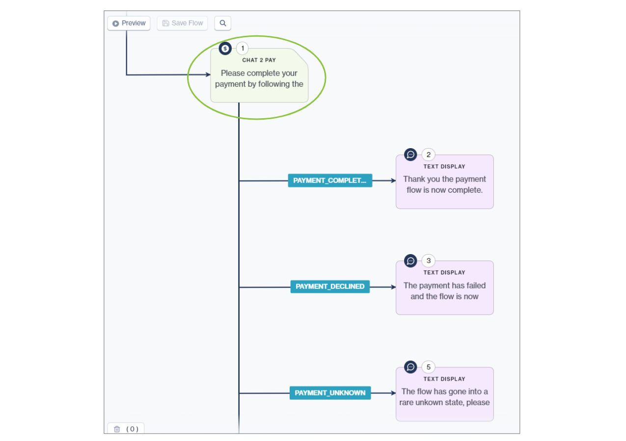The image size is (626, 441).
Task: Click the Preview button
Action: click(x=129, y=23)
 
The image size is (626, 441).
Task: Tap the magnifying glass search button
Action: click(x=222, y=23)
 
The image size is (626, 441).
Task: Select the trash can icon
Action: click(x=117, y=429)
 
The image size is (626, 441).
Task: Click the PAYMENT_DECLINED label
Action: click(x=330, y=286)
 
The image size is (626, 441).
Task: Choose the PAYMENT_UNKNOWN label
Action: click(x=330, y=393)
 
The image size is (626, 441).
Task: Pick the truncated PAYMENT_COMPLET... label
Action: click(x=330, y=181)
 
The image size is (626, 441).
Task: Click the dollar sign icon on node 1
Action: click(x=225, y=48)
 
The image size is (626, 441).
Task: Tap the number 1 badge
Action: click(x=242, y=48)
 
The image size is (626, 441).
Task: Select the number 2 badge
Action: click(x=428, y=155)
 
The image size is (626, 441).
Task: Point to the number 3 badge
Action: click(x=428, y=260)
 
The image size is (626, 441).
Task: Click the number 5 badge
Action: click(x=428, y=367)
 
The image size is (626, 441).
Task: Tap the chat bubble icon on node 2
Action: click(x=410, y=155)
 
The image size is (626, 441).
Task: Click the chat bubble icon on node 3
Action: click(x=410, y=260)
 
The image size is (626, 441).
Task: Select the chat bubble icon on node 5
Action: click(x=410, y=367)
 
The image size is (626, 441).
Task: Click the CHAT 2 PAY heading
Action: click(x=259, y=60)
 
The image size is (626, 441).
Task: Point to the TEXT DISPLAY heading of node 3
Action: click(x=444, y=273)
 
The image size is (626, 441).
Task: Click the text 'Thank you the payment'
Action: click(x=444, y=179)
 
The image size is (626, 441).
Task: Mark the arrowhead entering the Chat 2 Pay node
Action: click(x=208, y=75)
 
